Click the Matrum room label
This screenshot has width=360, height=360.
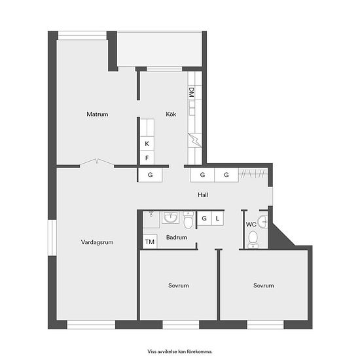98,114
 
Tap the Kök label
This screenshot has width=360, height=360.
171,114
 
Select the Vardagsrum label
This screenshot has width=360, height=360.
97,242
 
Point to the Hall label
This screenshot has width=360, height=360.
203,195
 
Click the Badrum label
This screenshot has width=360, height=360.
177,237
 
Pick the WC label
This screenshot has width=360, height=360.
251,225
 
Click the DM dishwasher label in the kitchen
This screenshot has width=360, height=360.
192,92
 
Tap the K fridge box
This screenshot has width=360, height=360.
147,144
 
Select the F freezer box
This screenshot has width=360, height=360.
147,158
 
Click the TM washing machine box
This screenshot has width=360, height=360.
150,242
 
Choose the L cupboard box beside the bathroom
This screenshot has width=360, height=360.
217,218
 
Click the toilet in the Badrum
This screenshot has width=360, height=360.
189,221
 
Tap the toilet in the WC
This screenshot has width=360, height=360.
253,240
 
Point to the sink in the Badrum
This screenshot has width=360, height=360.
170,217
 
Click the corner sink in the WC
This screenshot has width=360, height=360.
263,222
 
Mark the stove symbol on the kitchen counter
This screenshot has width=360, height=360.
195,140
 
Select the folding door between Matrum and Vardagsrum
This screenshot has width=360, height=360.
97,162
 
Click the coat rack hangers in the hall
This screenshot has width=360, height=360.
253,173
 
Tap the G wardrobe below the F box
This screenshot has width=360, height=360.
150,175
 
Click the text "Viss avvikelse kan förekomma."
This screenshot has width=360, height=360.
180,351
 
